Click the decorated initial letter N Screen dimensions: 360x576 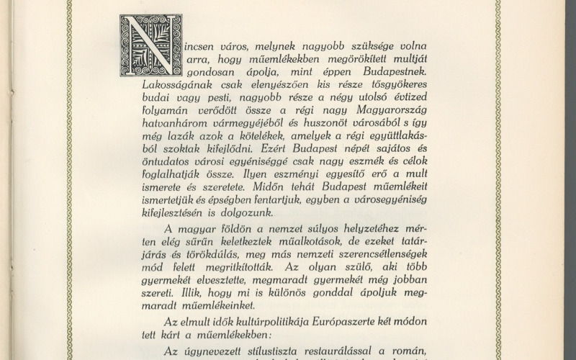[150, 45]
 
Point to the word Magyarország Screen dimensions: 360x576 [390, 110]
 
